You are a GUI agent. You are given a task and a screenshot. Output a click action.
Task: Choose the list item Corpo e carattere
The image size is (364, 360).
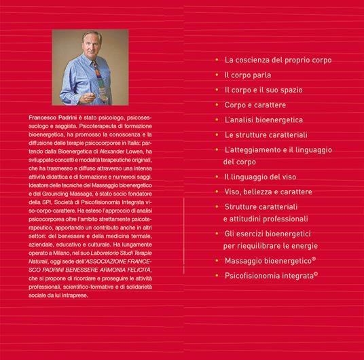point(255,105)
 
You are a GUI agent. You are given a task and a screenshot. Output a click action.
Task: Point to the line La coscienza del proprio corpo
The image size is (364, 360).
point(278,60)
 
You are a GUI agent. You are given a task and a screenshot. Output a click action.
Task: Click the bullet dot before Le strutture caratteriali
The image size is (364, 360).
point(217,134)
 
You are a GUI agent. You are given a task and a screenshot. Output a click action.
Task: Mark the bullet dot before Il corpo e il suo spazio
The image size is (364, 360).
point(217,90)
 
